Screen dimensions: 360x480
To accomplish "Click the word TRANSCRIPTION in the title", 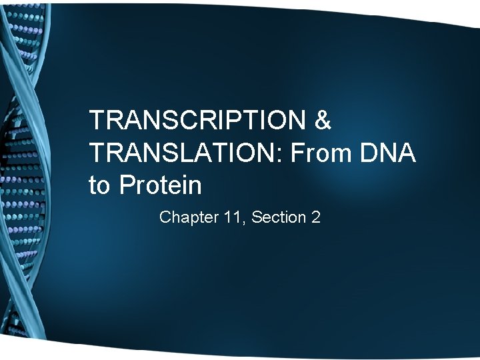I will pyautogui.click(x=197, y=121).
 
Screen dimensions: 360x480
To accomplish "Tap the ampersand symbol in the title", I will pyautogui.click(x=322, y=121).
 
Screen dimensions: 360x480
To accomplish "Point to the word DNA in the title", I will pyautogui.click(x=391, y=153).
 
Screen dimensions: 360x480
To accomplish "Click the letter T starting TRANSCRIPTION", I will pyautogui.click(x=97, y=121).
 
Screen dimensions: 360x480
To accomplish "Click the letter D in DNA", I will pyautogui.click(x=371, y=153).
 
